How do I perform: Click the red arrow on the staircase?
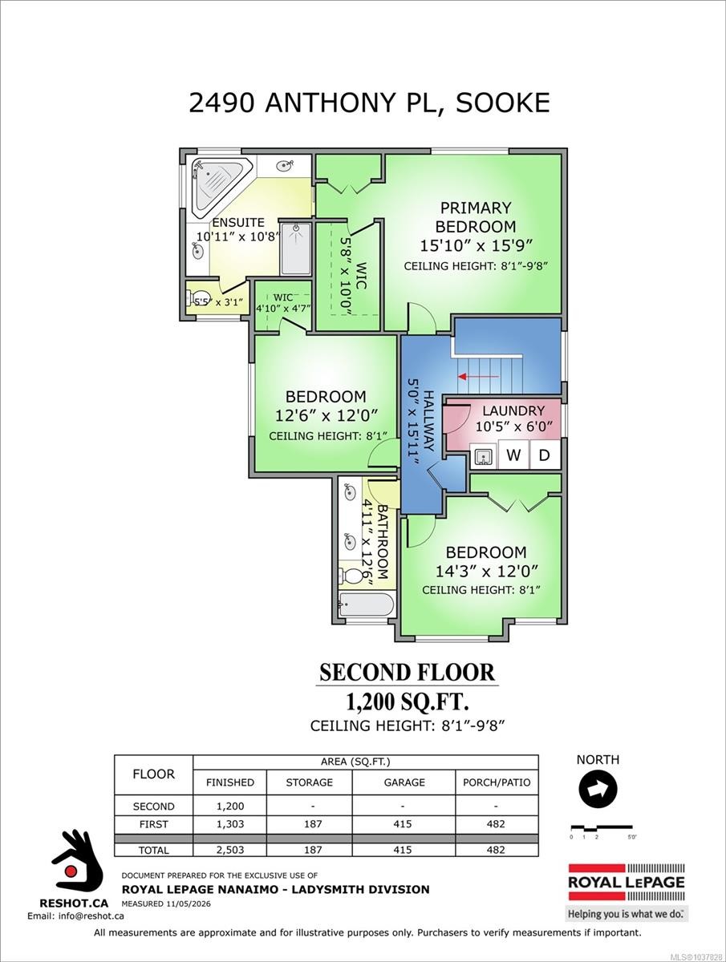pyautogui.click(x=479, y=376)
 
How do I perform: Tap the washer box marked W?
pyautogui.click(x=513, y=455)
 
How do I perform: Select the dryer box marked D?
pyautogui.click(x=544, y=455)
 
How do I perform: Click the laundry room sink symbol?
pyautogui.click(x=484, y=456)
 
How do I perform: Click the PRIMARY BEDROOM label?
pyautogui.click(x=476, y=216)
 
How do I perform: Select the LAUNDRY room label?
pyautogui.click(x=513, y=410)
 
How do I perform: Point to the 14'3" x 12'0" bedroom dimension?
pyautogui.click(x=486, y=571)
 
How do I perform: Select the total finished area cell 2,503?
pyautogui.click(x=229, y=862)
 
